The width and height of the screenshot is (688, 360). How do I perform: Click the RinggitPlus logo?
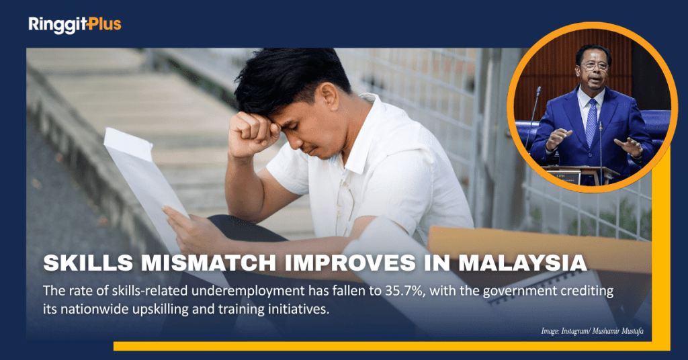75,25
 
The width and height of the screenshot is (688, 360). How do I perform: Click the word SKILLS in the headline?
88,263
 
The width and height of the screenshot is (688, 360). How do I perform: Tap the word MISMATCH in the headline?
208,263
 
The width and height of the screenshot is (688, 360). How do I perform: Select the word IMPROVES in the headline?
350,263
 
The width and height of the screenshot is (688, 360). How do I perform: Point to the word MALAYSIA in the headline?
523,263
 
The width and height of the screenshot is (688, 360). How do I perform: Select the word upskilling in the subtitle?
156,310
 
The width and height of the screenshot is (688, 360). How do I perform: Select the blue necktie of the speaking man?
591,122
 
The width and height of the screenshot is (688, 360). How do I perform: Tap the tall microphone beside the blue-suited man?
533,118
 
